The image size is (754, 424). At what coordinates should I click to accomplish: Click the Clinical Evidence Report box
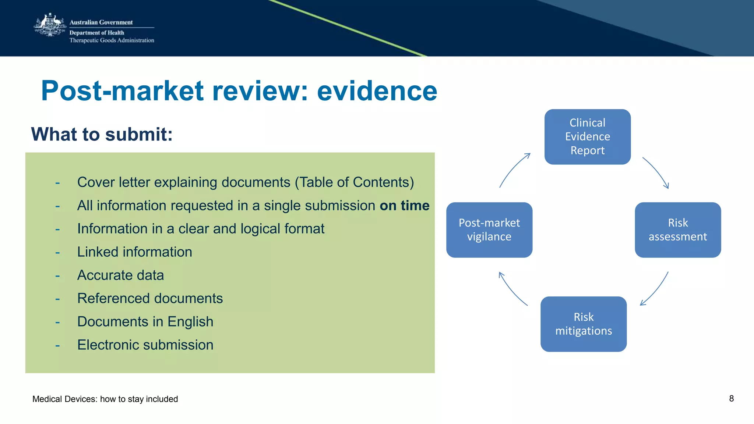pos(587,137)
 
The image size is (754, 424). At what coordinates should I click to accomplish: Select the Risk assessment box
pos(677,230)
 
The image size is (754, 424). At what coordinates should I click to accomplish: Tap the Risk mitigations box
pos(583,324)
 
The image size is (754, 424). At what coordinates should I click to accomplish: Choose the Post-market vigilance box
pos(489,230)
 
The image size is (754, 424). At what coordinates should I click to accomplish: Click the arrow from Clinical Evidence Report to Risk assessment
pos(656,172)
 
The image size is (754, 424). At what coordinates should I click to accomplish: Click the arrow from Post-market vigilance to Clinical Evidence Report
pos(514,170)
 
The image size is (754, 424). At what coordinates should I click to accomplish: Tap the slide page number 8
pos(731,399)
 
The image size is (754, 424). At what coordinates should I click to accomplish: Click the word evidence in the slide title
pos(377,91)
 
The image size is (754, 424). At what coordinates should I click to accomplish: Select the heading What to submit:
pos(102,134)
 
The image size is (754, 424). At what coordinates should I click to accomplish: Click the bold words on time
pos(404,206)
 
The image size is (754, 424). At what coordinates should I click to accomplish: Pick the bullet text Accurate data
pos(120,275)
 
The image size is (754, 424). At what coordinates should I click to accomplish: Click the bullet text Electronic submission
pos(145,345)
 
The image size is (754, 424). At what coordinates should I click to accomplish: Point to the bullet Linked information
pos(134,252)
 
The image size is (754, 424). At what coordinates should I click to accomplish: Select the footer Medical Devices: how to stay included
pos(105,399)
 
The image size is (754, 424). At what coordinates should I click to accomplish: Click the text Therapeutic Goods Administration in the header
pos(112,40)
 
